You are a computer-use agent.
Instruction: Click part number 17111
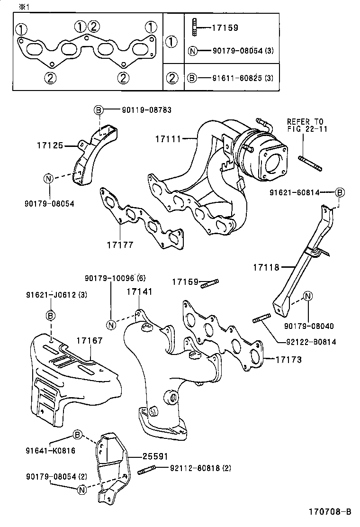coord(168,139)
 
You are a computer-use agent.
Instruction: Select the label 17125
coord(50,145)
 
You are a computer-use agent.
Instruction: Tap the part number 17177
coord(120,245)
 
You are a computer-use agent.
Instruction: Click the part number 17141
coord(139,291)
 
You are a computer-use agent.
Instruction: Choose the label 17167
coord(90,340)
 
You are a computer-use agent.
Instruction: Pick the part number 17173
coord(289,360)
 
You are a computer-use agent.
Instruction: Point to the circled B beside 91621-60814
coord(340,192)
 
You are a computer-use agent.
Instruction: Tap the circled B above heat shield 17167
coord(51,315)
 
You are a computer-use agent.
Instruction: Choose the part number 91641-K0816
coord(50,450)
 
